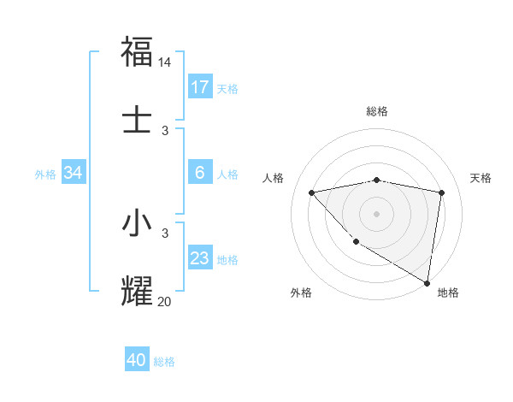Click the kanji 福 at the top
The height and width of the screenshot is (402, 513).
(x=137, y=51)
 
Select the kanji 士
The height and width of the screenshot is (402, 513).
(x=137, y=117)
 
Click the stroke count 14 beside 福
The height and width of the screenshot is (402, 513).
(x=165, y=62)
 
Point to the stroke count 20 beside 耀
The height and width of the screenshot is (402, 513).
(x=165, y=300)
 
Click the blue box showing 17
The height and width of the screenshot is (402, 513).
(x=200, y=87)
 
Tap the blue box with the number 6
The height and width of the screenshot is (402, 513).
(x=200, y=173)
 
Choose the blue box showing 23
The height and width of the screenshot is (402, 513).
(x=200, y=258)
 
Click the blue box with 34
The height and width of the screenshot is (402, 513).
(x=74, y=173)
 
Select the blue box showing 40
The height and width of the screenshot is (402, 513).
(x=137, y=360)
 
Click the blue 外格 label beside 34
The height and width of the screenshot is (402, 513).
(x=45, y=174)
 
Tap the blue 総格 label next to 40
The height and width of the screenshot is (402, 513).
(x=164, y=362)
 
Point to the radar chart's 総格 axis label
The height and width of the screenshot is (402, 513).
(x=377, y=111)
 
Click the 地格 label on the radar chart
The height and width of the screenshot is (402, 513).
(x=448, y=293)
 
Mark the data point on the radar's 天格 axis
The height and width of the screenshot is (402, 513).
(x=442, y=192)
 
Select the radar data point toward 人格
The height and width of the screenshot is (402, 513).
(x=312, y=192)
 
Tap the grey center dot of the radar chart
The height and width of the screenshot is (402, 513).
(x=377, y=213)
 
